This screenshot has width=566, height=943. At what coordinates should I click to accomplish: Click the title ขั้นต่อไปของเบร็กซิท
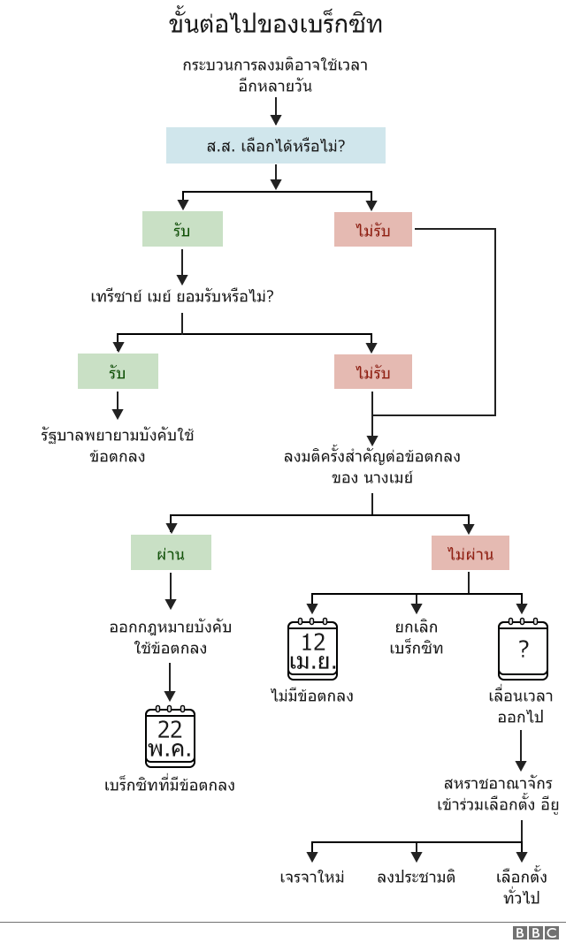pyautogui.click(x=275, y=24)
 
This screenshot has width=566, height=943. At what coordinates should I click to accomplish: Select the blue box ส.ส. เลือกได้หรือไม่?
pyautogui.click(x=275, y=145)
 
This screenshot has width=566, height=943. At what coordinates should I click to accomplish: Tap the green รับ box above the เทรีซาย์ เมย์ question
pyautogui.click(x=182, y=229)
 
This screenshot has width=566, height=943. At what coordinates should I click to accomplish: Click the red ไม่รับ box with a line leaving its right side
pyautogui.click(x=372, y=230)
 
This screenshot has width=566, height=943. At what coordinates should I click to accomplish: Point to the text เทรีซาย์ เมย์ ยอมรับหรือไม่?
pyautogui.click(x=182, y=296)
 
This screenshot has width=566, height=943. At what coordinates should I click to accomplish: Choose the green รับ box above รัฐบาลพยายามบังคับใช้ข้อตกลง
pyautogui.click(x=118, y=371)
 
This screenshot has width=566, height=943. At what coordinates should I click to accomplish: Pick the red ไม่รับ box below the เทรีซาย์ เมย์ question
pyautogui.click(x=372, y=372)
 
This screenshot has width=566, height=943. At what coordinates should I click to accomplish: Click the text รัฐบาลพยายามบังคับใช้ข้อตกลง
pyautogui.click(x=118, y=445)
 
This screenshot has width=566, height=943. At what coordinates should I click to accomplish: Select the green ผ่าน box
pyautogui.click(x=171, y=552)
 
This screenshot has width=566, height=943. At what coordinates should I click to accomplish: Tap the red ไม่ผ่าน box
pyautogui.click(x=470, y=553)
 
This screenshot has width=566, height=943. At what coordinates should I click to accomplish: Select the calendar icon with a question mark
pyautogui.click(x=523, y=650)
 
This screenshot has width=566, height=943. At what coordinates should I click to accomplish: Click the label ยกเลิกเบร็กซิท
pyautogui.click(x=416, y=637)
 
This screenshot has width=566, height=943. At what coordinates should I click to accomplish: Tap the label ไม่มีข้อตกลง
pyautogui.click(x=312, y=696)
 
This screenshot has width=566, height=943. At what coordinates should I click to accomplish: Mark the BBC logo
pyautogui.click(x=535, y=932)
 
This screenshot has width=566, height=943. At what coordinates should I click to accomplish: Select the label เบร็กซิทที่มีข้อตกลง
pyautogui.click(x=170, y=785)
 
